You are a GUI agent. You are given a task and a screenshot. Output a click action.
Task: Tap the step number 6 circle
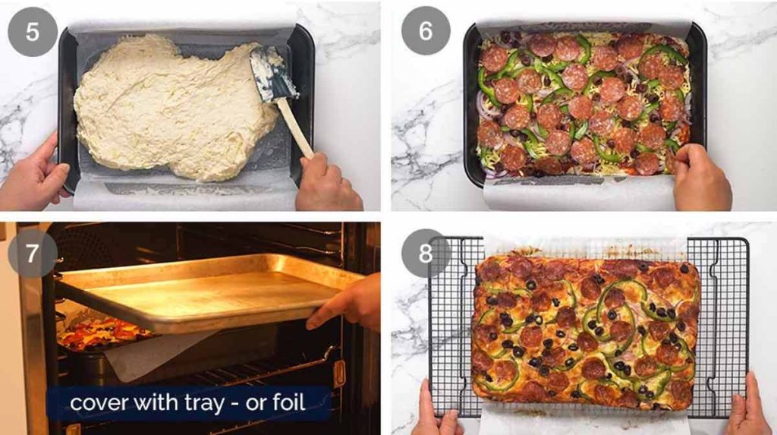tap(426, 31)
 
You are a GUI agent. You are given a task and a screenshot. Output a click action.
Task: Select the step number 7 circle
tap(30, 253)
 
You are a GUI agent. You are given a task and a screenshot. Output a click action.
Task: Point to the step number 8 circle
tap(426, 253)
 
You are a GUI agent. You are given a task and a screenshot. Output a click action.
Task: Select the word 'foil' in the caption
tap(287, 402)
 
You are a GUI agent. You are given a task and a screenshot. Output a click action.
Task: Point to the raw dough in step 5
tap(175, 106)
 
